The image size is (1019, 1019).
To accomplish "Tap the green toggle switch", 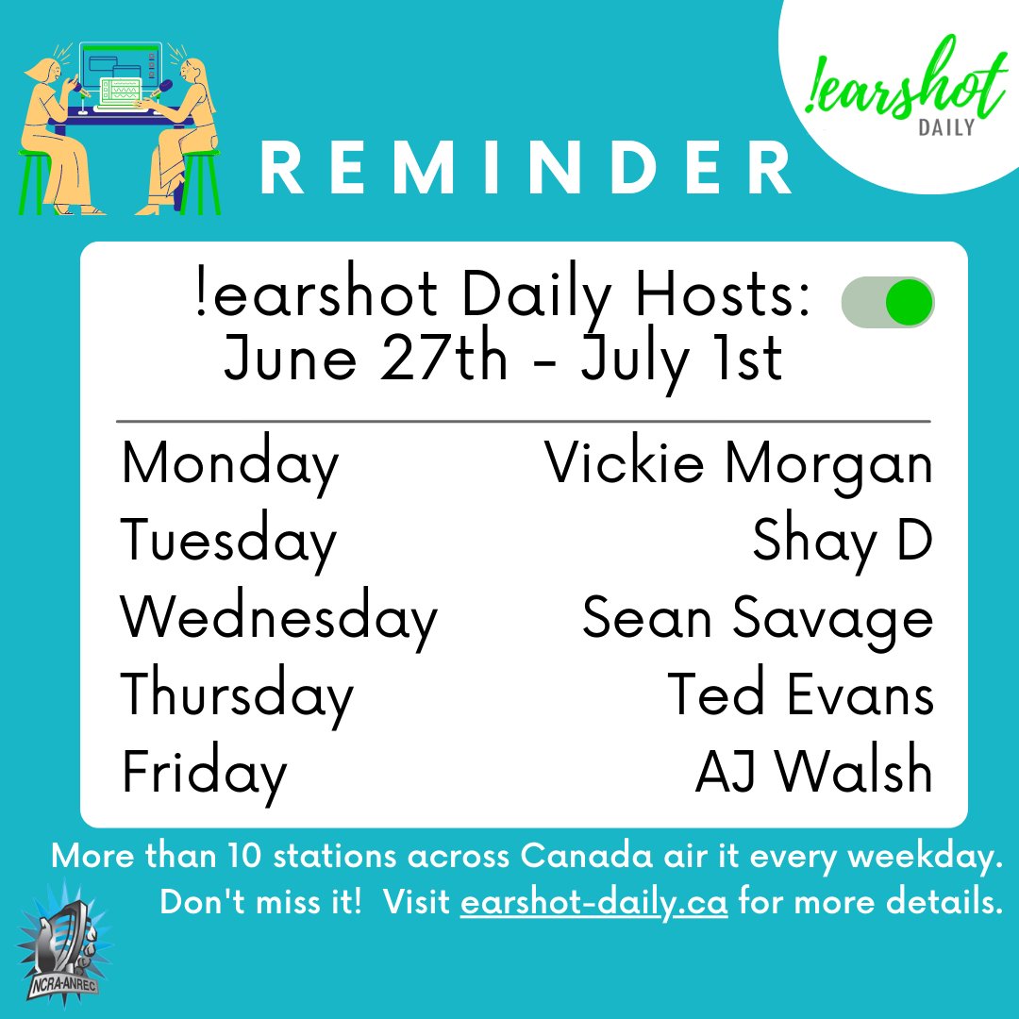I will (888, 303).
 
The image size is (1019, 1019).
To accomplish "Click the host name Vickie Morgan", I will (739, 464).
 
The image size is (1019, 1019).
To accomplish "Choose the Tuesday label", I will (228, 543).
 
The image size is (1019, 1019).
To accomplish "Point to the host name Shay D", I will (843, 542).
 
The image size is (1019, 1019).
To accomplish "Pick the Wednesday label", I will (279, 619).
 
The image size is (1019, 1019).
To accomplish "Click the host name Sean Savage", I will (758, 619).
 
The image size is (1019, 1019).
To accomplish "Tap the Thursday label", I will (237, 695).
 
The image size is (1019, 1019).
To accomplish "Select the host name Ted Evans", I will (800, 695).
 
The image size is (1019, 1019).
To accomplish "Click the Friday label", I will (204, 773).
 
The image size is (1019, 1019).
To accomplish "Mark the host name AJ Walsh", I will (814, 773).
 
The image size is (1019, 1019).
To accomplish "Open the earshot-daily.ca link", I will (593, 902).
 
